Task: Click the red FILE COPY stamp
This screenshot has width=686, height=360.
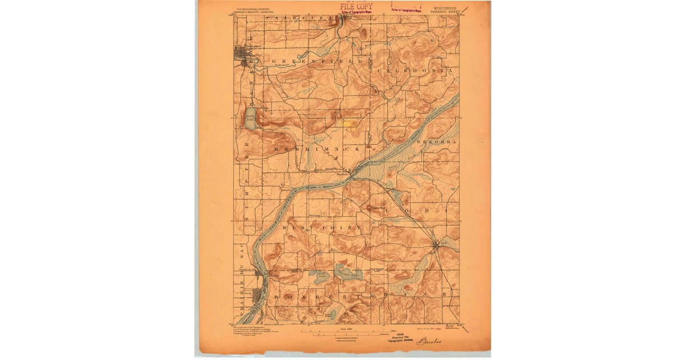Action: point(356,6)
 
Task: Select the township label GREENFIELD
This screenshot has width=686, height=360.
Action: point(317,61)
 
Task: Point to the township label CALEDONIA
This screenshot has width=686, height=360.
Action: point(414,70)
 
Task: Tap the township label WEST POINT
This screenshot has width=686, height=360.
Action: point(326,227)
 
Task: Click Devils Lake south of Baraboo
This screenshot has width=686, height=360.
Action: point(250,118)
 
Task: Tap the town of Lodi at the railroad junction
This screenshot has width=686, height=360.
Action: point(436,246)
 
